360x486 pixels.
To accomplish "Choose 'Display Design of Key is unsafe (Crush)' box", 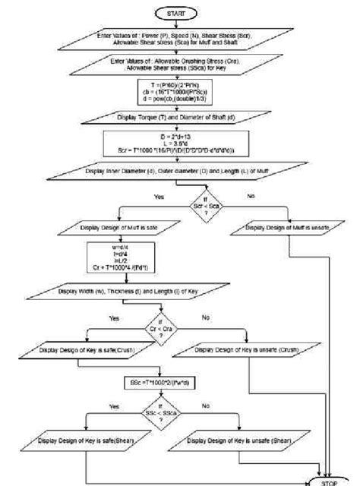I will [x=248, y=350].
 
